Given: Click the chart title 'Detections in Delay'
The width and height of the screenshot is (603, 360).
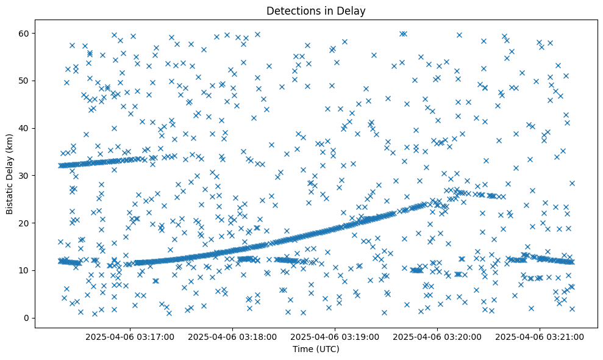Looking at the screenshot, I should coord(316,10).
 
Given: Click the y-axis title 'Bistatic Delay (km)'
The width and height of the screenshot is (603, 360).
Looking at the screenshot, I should coord(10,174).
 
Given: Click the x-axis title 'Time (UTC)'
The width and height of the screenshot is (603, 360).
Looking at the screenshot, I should coord(316,350).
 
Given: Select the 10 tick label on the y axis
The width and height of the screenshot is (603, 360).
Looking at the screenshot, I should coord(26,270).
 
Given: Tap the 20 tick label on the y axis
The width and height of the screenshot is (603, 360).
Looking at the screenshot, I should coord(26,223).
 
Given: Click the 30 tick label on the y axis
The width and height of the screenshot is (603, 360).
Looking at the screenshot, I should coord(26,175).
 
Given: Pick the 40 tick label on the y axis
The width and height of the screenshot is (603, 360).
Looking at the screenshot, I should coord(26,128).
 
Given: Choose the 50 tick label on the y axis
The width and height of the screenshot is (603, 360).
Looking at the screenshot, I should coord(26,80).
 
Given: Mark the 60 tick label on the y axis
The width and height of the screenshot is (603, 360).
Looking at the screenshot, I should coord(26,32).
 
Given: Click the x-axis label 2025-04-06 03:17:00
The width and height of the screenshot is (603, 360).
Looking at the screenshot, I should coord(130,336).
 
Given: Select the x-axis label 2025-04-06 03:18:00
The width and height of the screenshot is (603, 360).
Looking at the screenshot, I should coord(232,336).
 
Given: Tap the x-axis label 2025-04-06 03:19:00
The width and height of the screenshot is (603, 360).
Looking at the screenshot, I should coord(335,336).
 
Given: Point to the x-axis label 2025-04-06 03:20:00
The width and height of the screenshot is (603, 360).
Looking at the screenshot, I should coord(437,336).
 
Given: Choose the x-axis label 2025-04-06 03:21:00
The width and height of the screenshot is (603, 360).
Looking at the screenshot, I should coord(540,336).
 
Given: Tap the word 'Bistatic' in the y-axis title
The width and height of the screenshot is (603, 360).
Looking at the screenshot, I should coord(10,198).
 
